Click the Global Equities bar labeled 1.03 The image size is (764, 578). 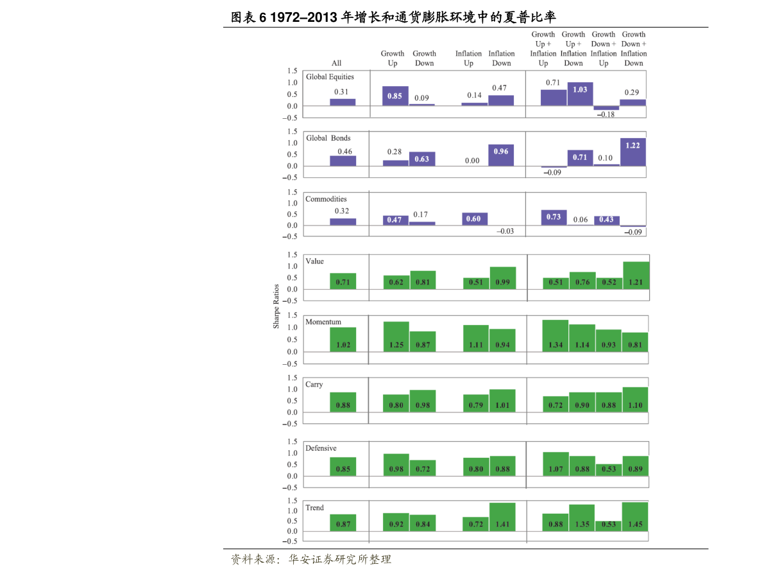click(x=580, y=94)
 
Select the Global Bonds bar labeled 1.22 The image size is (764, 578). click(x=633, y=152)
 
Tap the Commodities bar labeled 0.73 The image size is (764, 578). click(x=554, y=218)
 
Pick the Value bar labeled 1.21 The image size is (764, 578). click(x=636, y=275)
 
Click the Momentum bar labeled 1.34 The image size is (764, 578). click(x=556, y=336)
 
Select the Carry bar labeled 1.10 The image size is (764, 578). click(x=634, y=399)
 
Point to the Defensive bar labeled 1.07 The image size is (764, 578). click(x=556, y=464)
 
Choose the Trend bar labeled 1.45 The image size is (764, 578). click(x=635, y=516)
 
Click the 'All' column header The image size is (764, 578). click(x=336, y=63)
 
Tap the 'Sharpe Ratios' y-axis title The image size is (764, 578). click(x=276, y=306)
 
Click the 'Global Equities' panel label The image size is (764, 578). click(x=330, y=77)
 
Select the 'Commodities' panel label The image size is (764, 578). click(x=326, y=199)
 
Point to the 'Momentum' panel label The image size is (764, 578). click(x=323, y=322)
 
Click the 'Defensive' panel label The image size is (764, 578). click(x=321, y=448)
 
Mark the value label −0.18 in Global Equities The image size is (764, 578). click(x=606, y=115)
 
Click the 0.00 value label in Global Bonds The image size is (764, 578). click(x=472, y=161)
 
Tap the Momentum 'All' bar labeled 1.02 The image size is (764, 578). click(x=343, y=340)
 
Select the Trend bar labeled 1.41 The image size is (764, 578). click(x=502, y=516)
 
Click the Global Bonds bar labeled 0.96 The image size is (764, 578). click(x=501, y=155)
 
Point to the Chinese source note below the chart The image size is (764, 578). click(x=310, y=559)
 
